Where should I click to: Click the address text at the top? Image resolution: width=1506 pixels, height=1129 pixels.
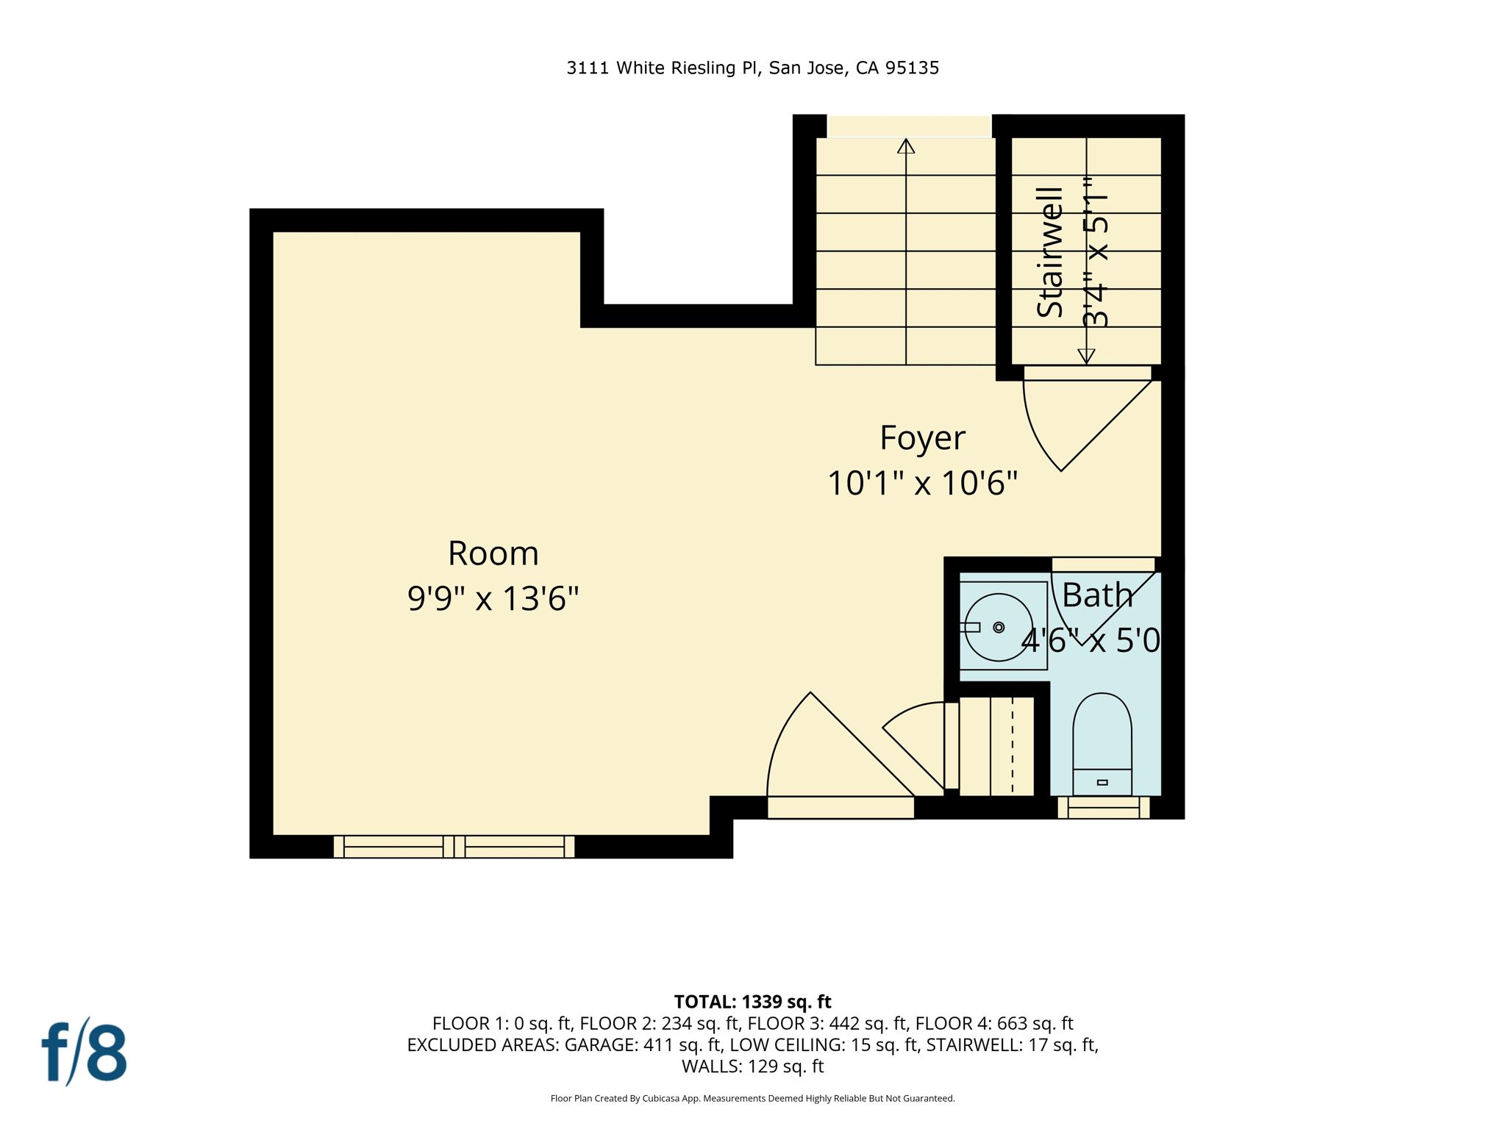pos(752,68)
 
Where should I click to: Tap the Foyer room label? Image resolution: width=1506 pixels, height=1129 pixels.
pos(922,438)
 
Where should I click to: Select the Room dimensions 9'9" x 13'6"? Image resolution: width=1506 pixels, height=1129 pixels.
pos(493,598)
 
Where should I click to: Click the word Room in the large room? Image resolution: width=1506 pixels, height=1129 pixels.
pos(493,553)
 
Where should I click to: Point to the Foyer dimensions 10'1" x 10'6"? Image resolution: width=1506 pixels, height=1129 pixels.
pos(922,484)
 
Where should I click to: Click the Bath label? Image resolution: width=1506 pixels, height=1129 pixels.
pos(1097,595)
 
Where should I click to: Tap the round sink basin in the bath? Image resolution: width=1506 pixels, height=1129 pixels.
pos(999,627)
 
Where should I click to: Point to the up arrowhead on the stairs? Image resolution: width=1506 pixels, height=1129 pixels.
pos(906,146)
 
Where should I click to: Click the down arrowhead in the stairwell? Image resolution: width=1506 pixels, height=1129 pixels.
pos(1086,356)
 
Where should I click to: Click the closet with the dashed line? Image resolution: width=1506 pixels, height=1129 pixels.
pos(996,746)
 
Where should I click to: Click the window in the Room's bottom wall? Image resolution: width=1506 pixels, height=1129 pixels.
pos(454,847)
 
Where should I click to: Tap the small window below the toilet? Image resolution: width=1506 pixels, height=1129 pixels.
pos(1103,808)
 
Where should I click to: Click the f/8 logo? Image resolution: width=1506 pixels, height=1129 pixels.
pos(84,1052)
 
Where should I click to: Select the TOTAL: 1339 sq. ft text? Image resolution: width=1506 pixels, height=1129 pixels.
pos(752,1002)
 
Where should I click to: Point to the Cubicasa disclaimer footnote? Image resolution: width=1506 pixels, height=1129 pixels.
pos(752,1099)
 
